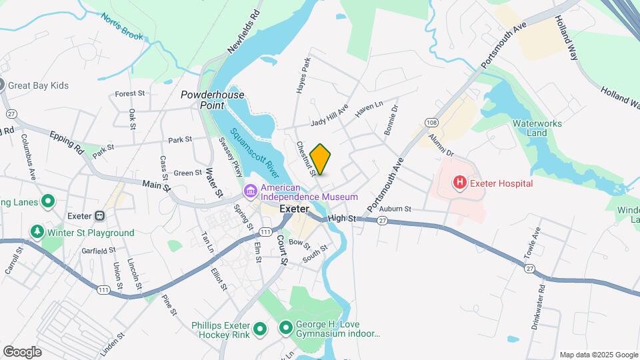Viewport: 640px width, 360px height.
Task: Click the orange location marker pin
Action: pos(321,159)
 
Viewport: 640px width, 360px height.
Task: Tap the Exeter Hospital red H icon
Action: pos(459,182)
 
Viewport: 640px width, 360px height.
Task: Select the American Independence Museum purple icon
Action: pos(251,192)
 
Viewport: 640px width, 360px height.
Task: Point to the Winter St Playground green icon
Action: pos(37,233)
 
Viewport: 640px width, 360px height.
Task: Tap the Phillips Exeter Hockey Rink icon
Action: pos(260,328)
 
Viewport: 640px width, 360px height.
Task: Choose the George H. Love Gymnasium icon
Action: pos(286,328)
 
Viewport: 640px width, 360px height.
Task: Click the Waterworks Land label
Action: pos(537,128)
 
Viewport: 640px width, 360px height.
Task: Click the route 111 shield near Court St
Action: pos(266,231)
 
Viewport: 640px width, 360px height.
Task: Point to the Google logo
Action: pos(22,351)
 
